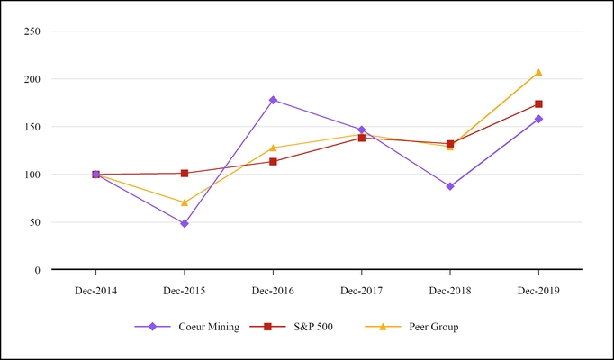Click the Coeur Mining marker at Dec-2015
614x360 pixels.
[185, 223]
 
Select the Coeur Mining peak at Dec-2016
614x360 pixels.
[273, 100]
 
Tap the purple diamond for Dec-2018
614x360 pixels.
[450, 186]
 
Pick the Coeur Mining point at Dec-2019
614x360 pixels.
[538, 119]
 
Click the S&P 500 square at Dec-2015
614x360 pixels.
[185, 173]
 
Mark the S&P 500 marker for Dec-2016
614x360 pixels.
[273, 162]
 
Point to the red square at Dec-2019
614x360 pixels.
[538, 104]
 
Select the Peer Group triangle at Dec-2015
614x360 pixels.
[185, 202]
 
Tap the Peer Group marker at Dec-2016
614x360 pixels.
[273, 148]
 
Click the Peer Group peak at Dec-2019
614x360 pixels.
[538, 72]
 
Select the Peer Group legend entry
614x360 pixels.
[431, 327]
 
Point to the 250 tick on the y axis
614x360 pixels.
[32, 31]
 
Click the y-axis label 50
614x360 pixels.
[35, 222]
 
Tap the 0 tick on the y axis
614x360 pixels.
[38, 270]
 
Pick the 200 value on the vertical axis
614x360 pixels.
[32, 79]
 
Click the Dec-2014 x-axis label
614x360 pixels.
[95, 291]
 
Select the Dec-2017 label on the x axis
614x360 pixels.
[361, 291]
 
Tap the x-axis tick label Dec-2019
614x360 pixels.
[538, 291]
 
